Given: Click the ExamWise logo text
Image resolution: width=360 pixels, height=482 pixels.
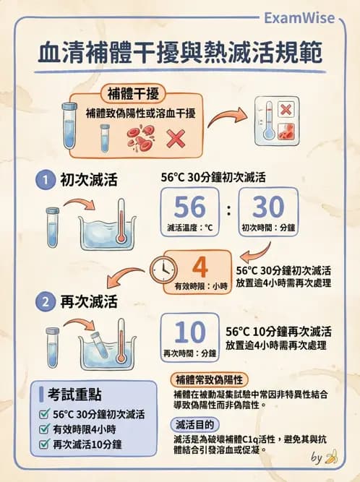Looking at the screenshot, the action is point(299,18).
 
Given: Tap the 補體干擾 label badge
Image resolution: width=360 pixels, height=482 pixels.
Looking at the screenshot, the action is point(133,93).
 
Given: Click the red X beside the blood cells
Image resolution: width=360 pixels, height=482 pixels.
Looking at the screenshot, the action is point(176,139).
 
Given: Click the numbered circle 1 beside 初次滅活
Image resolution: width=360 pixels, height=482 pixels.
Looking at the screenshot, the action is point(46,179).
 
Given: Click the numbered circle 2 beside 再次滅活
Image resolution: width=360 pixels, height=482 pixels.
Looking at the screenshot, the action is point(46,301).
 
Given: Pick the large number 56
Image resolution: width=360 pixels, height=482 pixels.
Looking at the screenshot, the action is point(189,206).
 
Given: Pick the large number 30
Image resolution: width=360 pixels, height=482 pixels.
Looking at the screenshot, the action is point(268,206).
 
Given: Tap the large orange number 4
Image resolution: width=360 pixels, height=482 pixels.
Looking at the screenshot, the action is point(200,267).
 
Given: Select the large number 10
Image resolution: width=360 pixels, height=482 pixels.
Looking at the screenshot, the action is point(189,332).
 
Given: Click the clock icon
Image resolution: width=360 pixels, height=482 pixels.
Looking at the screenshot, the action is point(163,270).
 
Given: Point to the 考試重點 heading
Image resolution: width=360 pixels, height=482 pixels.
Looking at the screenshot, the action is point(74,395).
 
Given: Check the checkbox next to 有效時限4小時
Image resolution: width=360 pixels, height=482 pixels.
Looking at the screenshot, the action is point(45,429).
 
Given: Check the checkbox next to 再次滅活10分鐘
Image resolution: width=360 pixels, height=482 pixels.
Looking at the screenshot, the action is point(45,444).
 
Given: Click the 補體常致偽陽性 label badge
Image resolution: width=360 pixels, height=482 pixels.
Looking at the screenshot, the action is point(209,380).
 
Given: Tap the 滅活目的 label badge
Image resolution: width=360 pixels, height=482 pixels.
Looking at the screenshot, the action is point(194,425).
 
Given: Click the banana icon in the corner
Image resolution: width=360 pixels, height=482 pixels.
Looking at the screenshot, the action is point(331,457).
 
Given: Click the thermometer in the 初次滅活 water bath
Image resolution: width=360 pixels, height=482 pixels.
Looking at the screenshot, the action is point(121,221).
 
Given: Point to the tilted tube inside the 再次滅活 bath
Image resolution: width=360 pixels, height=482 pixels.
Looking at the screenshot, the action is point(99,344).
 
